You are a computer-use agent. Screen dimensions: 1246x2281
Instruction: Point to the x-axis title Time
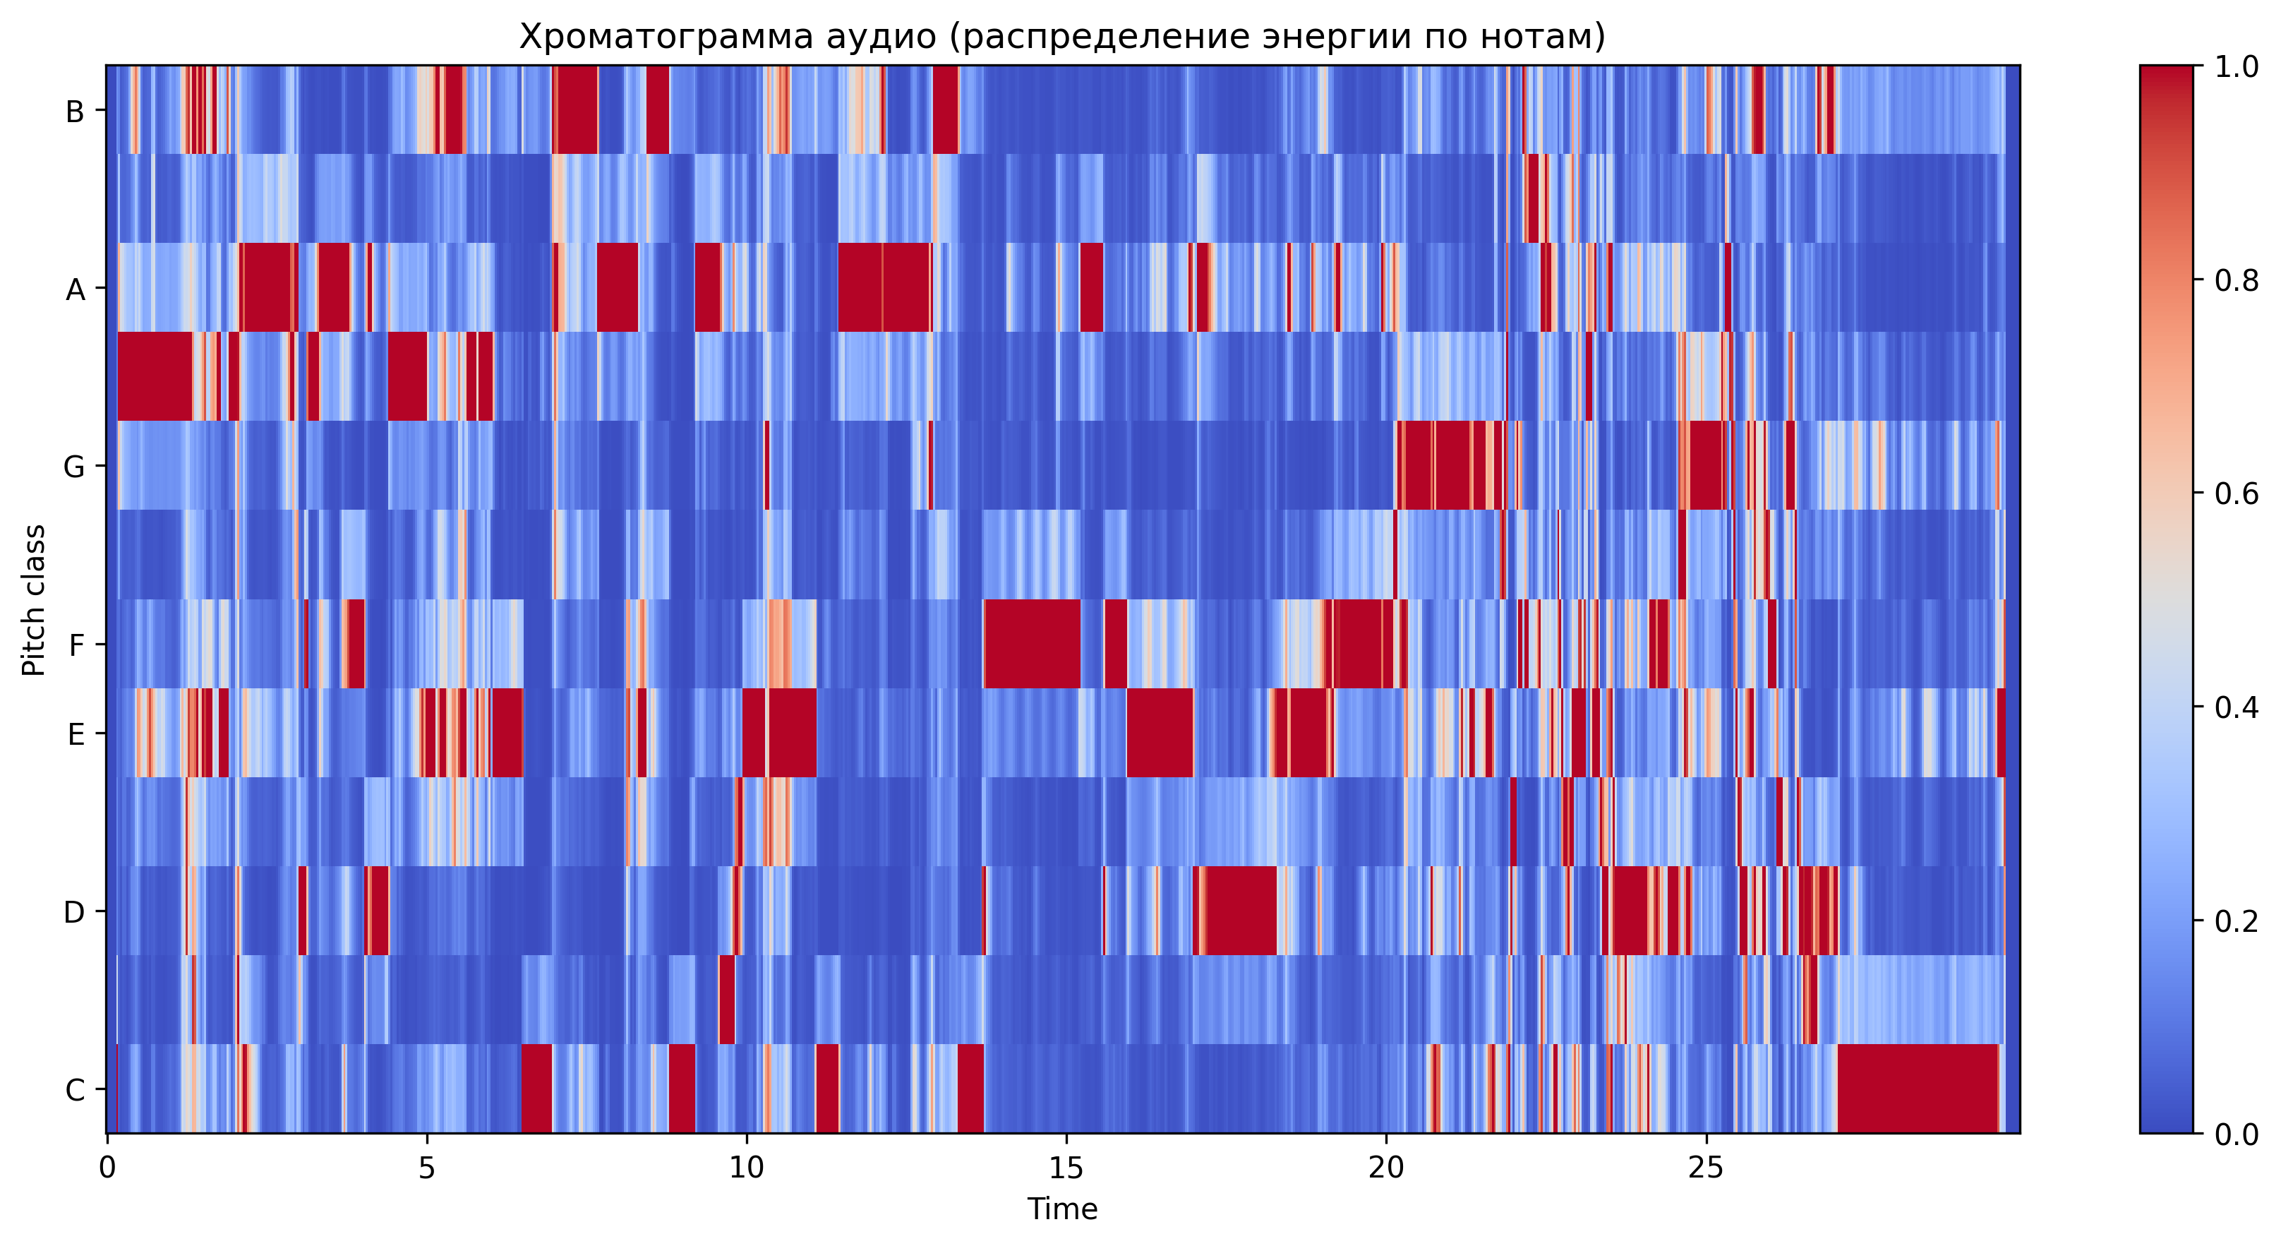click(1061, 1209)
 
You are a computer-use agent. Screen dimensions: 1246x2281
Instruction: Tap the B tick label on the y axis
click(76, 112)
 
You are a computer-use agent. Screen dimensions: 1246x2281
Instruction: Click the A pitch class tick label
click(76, 289)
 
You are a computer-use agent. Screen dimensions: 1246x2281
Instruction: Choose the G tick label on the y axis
click(74, 467)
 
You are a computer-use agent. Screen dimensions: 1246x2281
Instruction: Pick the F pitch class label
click(76, 645)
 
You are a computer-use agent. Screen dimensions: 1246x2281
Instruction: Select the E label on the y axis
click(76, 734)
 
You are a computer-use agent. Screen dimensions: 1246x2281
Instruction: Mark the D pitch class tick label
click(74, 912)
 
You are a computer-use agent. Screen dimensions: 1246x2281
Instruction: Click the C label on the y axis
click(76, 1090)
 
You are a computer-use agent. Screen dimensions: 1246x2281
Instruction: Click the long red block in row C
click(1918, 1089)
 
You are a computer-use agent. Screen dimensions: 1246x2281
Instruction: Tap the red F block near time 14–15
click(1033, 644)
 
